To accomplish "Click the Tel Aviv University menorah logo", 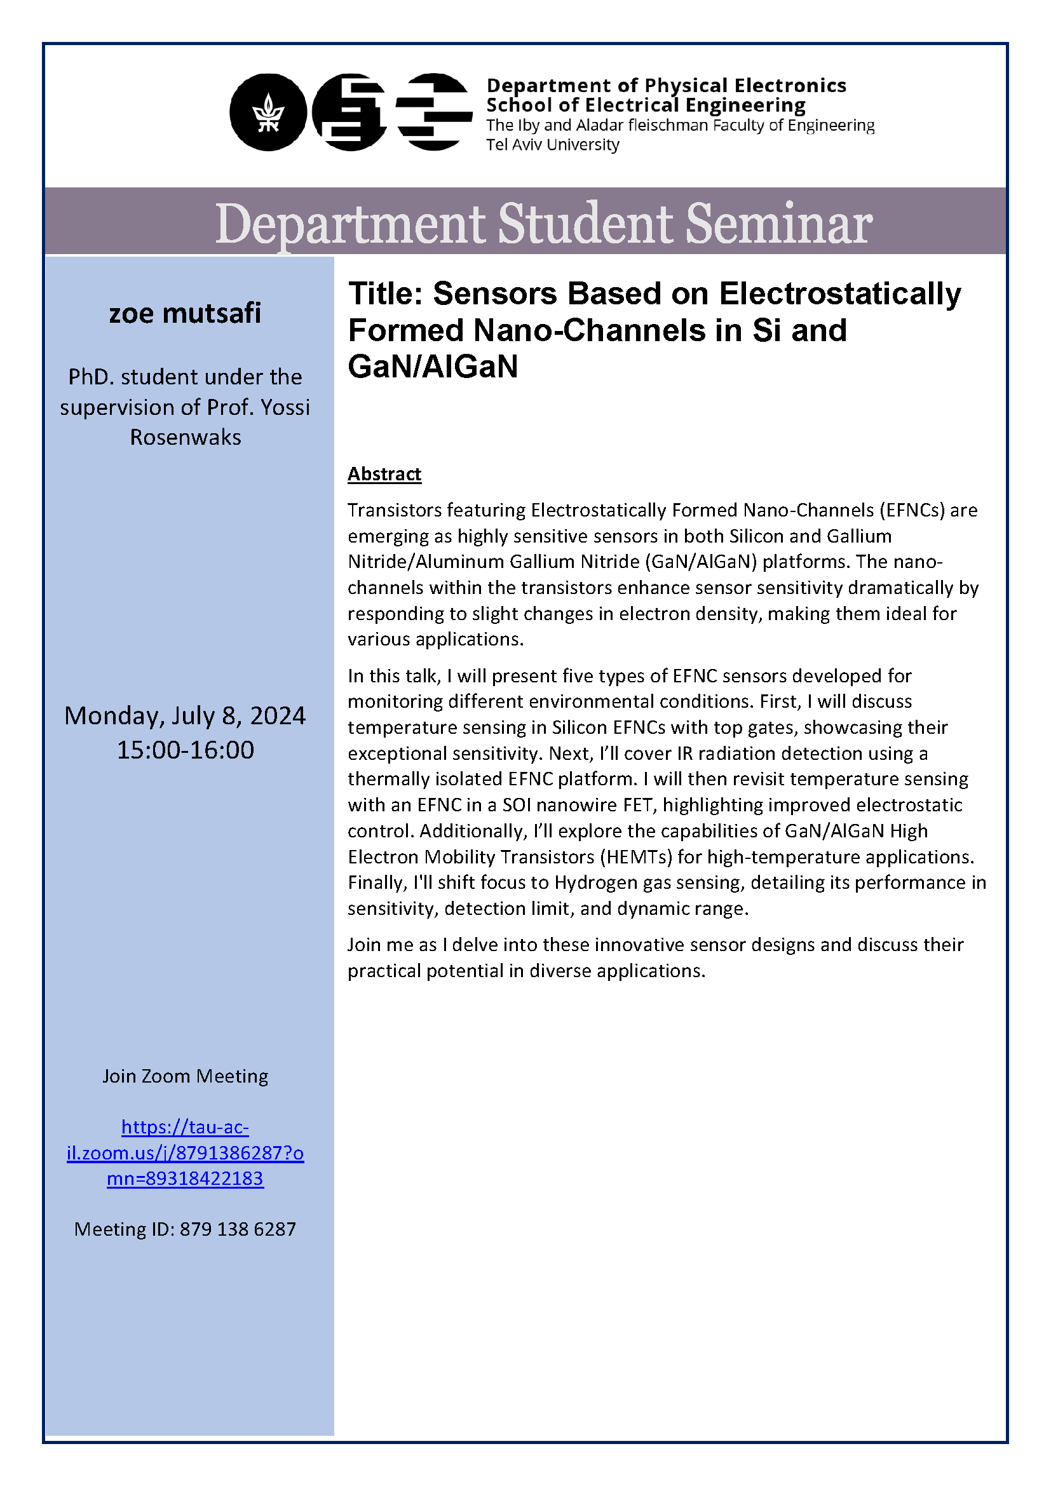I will click(x=268, y=112).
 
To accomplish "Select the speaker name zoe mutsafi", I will click(x=185, y=313).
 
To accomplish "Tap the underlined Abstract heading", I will click(x=384, y=474).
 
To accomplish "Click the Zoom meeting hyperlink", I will click(x=185, y=1152).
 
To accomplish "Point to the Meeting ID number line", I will click(x=185, y=1229).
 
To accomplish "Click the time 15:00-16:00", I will click(x=185, y=750).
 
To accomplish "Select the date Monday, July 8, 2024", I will click(x=185, y=716).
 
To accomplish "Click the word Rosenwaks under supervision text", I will click(x=185, y=438).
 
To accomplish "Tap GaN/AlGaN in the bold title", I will click(x=433, y=367).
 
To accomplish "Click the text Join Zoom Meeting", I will click(x=185, y=1076).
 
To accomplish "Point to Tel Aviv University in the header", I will click(x=553, y=145).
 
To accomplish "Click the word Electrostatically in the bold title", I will click(x=840, y=294).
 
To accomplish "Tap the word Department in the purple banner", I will click(x=350, y=224).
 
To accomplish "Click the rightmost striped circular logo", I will click(x=433, y=112).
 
